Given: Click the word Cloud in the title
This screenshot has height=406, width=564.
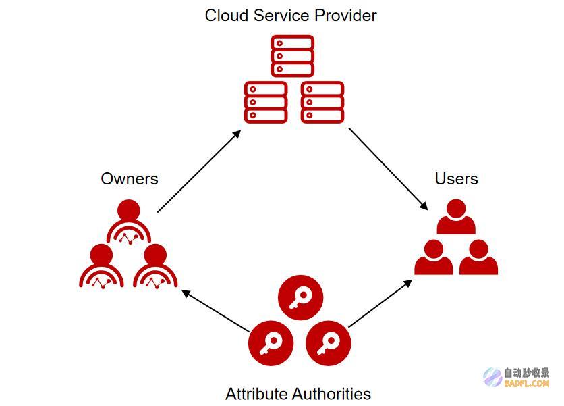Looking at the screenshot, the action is pos(227,16).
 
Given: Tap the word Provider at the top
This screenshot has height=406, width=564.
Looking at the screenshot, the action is pos(345,16).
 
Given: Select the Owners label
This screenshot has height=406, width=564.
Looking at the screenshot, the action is pos(130,179).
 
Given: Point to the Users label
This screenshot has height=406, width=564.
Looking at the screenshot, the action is pos(456,179).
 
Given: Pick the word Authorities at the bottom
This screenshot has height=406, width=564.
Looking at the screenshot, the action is pos(331,393).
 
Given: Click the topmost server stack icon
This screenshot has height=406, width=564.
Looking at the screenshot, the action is pos(292,56).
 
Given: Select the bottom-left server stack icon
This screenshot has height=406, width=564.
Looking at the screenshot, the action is pos(266,102).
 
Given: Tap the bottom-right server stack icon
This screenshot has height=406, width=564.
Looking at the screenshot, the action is pos(322,102).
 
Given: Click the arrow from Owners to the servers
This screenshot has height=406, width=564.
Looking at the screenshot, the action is pos(199,171).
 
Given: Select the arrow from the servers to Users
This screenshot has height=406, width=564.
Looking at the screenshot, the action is pos(388,169).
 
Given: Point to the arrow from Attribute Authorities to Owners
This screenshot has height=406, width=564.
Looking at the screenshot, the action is pos(215,311).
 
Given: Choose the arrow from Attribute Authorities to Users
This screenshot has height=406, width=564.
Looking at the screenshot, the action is pos(380,303).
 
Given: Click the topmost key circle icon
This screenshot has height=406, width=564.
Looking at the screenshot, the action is pos(301,297).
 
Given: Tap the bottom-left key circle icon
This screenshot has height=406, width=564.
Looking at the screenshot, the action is pos(271,343).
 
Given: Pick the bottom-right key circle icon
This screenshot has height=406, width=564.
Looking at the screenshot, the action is pos(328,343).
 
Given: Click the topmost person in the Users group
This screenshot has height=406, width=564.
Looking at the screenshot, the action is pos(456,217).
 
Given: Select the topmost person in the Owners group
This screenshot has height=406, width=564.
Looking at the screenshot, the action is pos(128,222).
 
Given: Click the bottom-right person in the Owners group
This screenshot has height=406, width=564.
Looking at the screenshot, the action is pos(155,266).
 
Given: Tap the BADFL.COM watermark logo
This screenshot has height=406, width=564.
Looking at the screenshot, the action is pos(517,377).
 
